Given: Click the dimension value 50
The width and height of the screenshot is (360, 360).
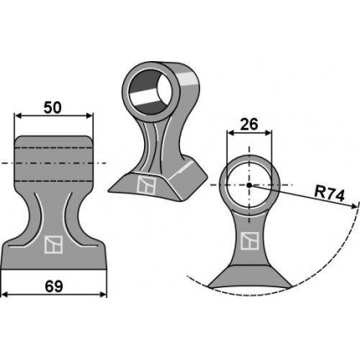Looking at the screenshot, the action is [x=53, y=108].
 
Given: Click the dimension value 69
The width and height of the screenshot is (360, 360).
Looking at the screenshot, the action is [x=54, y=286].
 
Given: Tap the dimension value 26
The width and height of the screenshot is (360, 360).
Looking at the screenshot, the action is [x=249, y=124].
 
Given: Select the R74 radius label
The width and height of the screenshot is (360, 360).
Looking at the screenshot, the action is [x=329, y=194].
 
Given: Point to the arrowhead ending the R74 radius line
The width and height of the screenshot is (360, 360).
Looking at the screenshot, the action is [x=354, y=206].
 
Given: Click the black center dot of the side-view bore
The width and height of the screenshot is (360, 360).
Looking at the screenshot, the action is [x=249, y=185].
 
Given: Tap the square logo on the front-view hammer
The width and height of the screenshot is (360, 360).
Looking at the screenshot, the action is [x=54, y=244].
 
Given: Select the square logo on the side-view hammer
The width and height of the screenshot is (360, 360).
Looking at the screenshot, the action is [x=249, y=240].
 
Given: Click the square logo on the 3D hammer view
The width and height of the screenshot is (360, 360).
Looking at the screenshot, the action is [x=147, y=185].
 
